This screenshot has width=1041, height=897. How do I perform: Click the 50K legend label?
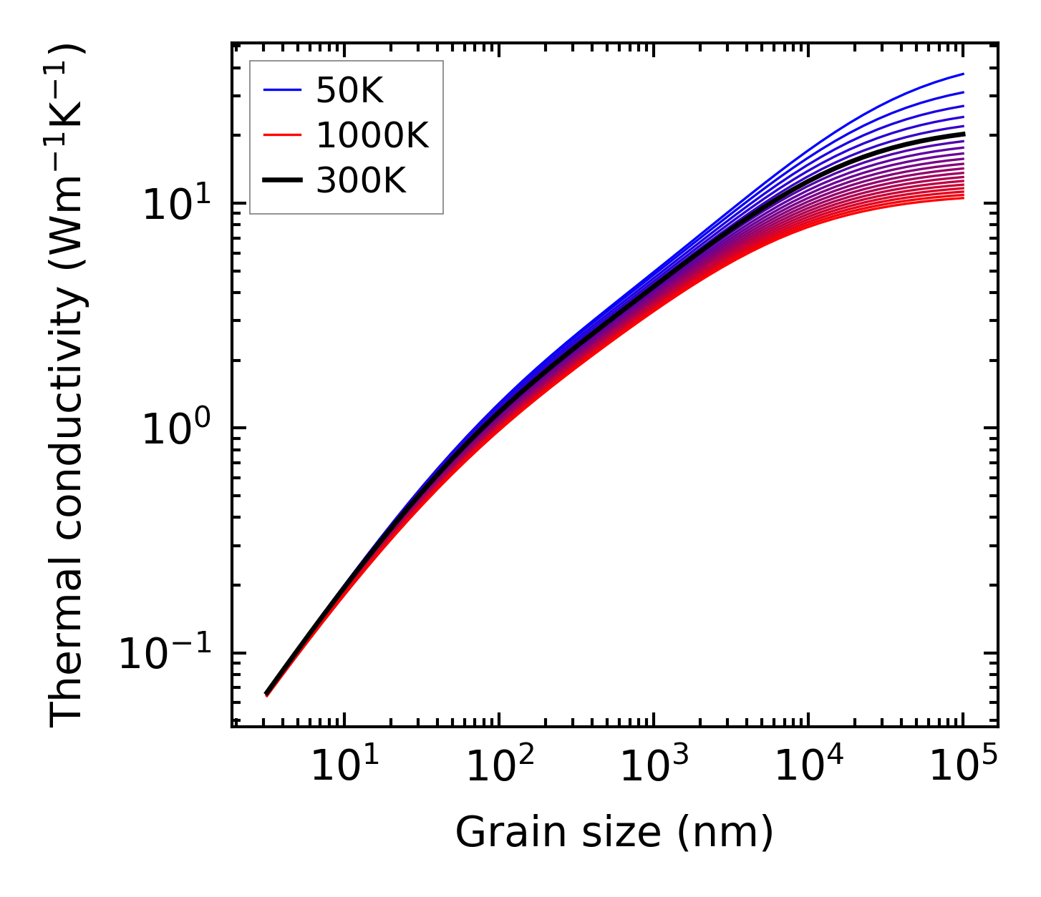pyautogui.click(x=349, y=91)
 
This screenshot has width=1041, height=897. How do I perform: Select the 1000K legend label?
pyautogui.click(x=372, y=136)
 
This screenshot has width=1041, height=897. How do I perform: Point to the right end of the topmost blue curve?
pyautogui.click(x=964, y=74)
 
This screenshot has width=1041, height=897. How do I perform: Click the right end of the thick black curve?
pyautogui.click(x=964, y=134)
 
